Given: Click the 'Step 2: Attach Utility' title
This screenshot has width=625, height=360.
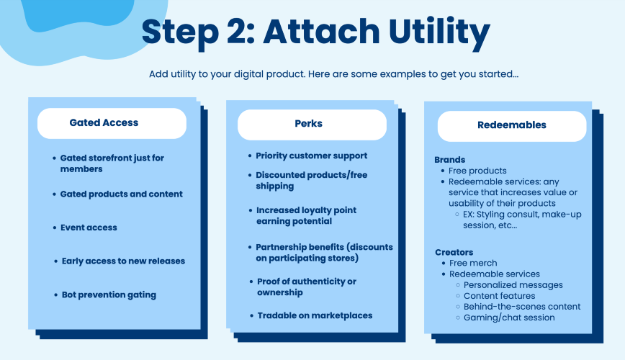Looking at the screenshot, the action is point(315,32).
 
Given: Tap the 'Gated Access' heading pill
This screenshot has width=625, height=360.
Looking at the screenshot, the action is point(112,123).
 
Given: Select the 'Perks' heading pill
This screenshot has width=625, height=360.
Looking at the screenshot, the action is point(312,125).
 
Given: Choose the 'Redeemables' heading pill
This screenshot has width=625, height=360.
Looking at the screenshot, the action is point(512,126).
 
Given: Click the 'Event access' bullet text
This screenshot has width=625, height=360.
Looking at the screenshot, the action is point(89,228).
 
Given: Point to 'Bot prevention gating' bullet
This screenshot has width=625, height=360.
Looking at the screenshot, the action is point(109,295).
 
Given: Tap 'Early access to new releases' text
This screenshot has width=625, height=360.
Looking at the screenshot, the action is point(123,261).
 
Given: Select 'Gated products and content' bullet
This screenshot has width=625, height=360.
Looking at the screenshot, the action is point(121,194).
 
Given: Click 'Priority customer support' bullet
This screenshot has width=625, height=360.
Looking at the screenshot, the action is point(311,156).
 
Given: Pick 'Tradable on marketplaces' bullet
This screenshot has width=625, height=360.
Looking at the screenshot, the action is point(315,316).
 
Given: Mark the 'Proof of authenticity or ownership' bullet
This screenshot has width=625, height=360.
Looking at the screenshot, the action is point(307,287).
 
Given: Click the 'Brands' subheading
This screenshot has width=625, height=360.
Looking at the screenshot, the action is point(449,160).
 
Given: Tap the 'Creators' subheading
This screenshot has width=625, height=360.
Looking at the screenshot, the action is point(454,252).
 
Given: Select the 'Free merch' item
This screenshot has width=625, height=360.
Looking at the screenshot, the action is point(473,263).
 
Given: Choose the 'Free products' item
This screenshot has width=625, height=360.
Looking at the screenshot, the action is point(477,171).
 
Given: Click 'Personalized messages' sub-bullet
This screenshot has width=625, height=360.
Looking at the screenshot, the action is point(513,285).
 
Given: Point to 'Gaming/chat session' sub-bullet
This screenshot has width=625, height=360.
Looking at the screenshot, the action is point(509,318).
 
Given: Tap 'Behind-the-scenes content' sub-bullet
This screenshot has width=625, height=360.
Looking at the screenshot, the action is point(522,307).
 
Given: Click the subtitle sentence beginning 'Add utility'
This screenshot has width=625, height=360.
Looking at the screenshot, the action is point(333,74).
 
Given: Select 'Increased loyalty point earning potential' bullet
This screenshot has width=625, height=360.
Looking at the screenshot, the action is point(306,216).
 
